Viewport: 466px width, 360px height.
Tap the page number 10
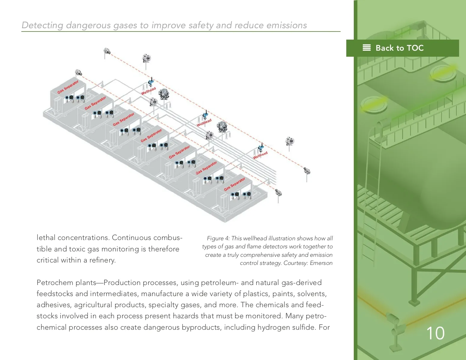(435, 333)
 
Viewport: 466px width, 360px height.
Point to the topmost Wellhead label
(149, 91)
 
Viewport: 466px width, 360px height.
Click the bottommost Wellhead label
(260, 155)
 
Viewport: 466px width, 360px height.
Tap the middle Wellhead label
(204, 122)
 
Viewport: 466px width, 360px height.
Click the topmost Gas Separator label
(68, 87)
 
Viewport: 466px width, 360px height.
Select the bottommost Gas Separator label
(235, 184)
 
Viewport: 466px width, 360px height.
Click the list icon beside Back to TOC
(367, 48)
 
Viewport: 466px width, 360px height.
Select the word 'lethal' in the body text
(46, 238)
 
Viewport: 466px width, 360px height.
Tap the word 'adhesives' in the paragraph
(53, 305)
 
